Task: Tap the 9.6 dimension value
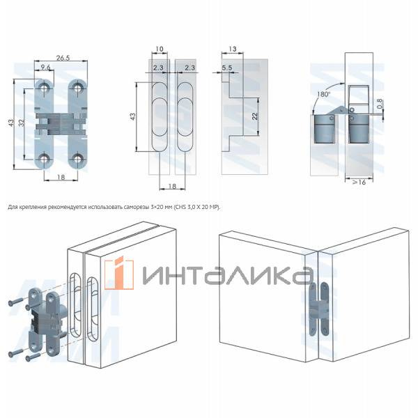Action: pyautogui.click(x=46, y=68)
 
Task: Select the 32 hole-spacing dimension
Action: pyautogui.click(x=23, y=122)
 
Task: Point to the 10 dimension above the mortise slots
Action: pyautogui.click(x=160, y=49)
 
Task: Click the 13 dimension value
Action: pyautogui.click(x=232, y=49)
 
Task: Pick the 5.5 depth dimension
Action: pyautogui.click(x=227, y=68)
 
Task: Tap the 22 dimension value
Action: pyautogui.click(x=254, y=116)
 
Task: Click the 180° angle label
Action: pyautogui.click(x=322, y=93)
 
